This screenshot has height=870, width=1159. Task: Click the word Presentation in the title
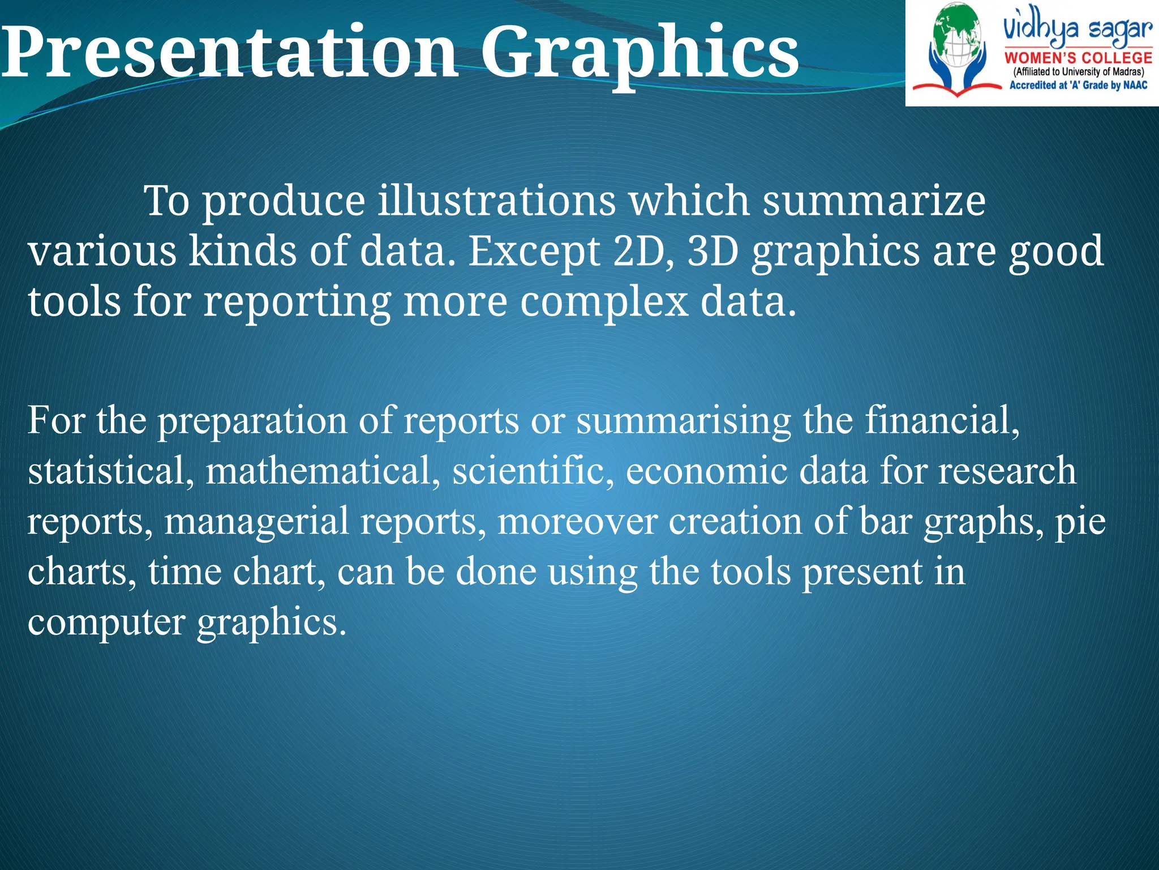[229, 52]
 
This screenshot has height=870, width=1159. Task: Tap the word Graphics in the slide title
[639, 54]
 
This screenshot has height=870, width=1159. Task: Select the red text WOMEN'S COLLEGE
[1078, 58]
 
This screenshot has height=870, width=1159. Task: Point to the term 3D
[713, 251]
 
